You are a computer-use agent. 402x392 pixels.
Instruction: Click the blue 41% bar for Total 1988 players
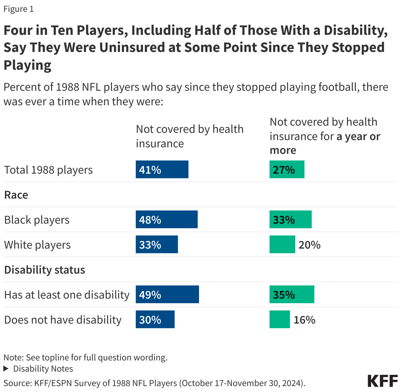tap(162, 169)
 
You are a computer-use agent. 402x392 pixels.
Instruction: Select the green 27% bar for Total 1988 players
tap(287, 169)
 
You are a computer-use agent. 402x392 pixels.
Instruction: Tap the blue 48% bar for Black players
tap(166, 219)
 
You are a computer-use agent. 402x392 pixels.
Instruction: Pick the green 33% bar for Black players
tap(290, 219)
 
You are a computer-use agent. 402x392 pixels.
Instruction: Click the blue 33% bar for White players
tap(157, 244)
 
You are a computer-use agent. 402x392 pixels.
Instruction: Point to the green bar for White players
tap(282, 244)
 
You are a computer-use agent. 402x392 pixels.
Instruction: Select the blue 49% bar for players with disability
tap(167, 294)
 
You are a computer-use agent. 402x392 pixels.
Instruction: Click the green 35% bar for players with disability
tap(292, 294)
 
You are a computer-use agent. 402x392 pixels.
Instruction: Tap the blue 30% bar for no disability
tap(155, 319)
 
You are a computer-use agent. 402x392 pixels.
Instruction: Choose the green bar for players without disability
tap(279, 319)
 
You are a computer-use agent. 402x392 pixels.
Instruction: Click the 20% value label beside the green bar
tap(309, 245)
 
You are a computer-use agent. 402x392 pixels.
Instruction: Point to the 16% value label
tap(304, 320)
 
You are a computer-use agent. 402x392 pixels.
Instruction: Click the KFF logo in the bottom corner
tap(382, 381)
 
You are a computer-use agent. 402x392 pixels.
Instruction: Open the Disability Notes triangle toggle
tap(6, 369)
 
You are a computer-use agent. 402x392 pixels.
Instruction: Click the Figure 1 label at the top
tap(18, 9)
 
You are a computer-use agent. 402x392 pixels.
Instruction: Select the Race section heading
tap(16, 195)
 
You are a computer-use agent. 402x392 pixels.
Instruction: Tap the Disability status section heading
tap(44, 270)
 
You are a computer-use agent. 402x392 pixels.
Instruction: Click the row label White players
tap(37, 245)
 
